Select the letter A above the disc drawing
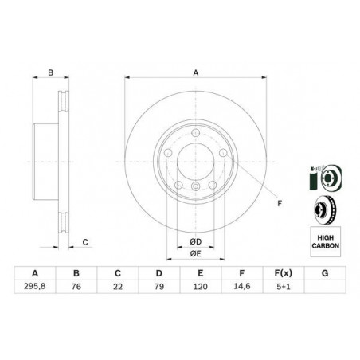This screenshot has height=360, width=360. [196, 73]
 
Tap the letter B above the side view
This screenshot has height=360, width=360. [50, 73]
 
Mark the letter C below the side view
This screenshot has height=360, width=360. [85, 241]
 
